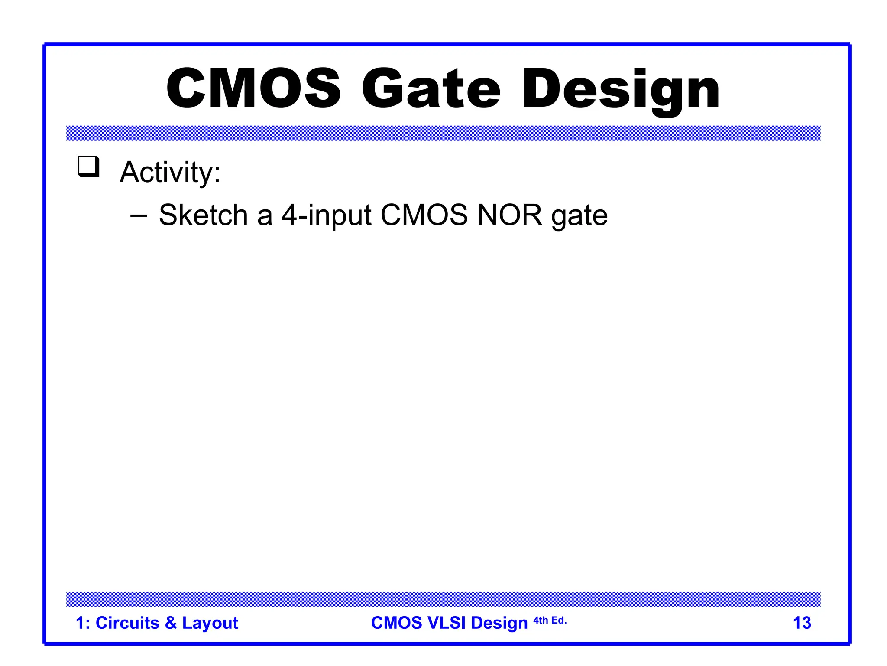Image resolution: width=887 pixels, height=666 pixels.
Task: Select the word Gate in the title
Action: (x=431, y=88)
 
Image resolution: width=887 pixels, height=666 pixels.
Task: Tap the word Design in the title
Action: (x=621, y=89)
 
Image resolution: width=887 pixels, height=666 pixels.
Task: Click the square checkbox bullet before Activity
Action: (x=88, y=167)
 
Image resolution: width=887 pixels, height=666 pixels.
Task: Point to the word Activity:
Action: (x=170, y=172)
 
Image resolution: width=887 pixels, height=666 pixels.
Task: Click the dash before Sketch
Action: (x=139, y=215)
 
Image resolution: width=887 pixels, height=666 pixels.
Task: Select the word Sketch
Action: (x=203, y=215)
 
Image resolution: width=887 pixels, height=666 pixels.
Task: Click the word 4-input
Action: (x=326, y=215)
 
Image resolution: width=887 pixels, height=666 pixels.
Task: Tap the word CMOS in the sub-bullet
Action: (x=424, y=215)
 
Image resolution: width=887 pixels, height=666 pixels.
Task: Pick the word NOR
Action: (x=509, y=215)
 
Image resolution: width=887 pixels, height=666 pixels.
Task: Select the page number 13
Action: (x=802, y=623)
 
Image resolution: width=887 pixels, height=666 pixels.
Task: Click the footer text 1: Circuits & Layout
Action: (x=157, y=623)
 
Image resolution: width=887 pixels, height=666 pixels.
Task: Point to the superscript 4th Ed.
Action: (x=550, y=620)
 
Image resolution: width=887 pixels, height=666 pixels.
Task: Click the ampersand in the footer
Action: (x=171, y=623)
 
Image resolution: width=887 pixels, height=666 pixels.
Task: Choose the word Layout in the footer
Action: (x=210, y=624)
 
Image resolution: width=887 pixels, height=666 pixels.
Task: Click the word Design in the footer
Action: (x=499, y=624)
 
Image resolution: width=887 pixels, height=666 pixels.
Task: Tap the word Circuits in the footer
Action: (x=127, y=623)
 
